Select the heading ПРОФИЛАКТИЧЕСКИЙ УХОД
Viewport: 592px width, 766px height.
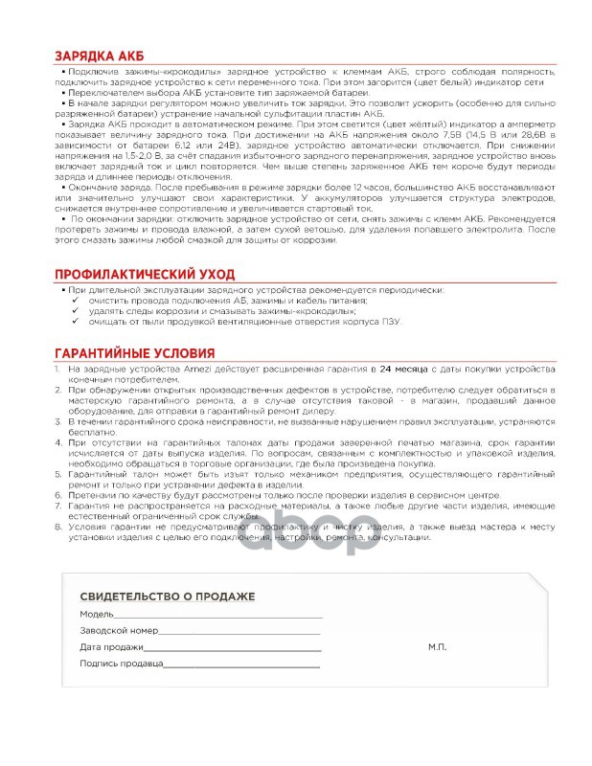click(145, 274)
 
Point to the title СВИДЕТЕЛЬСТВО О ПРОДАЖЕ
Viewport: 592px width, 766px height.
click(168, 597)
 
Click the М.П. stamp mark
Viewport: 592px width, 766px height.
click(437, 647)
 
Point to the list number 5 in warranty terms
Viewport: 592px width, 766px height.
click(58, 472)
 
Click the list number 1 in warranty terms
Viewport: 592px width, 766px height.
click(58, 368)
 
